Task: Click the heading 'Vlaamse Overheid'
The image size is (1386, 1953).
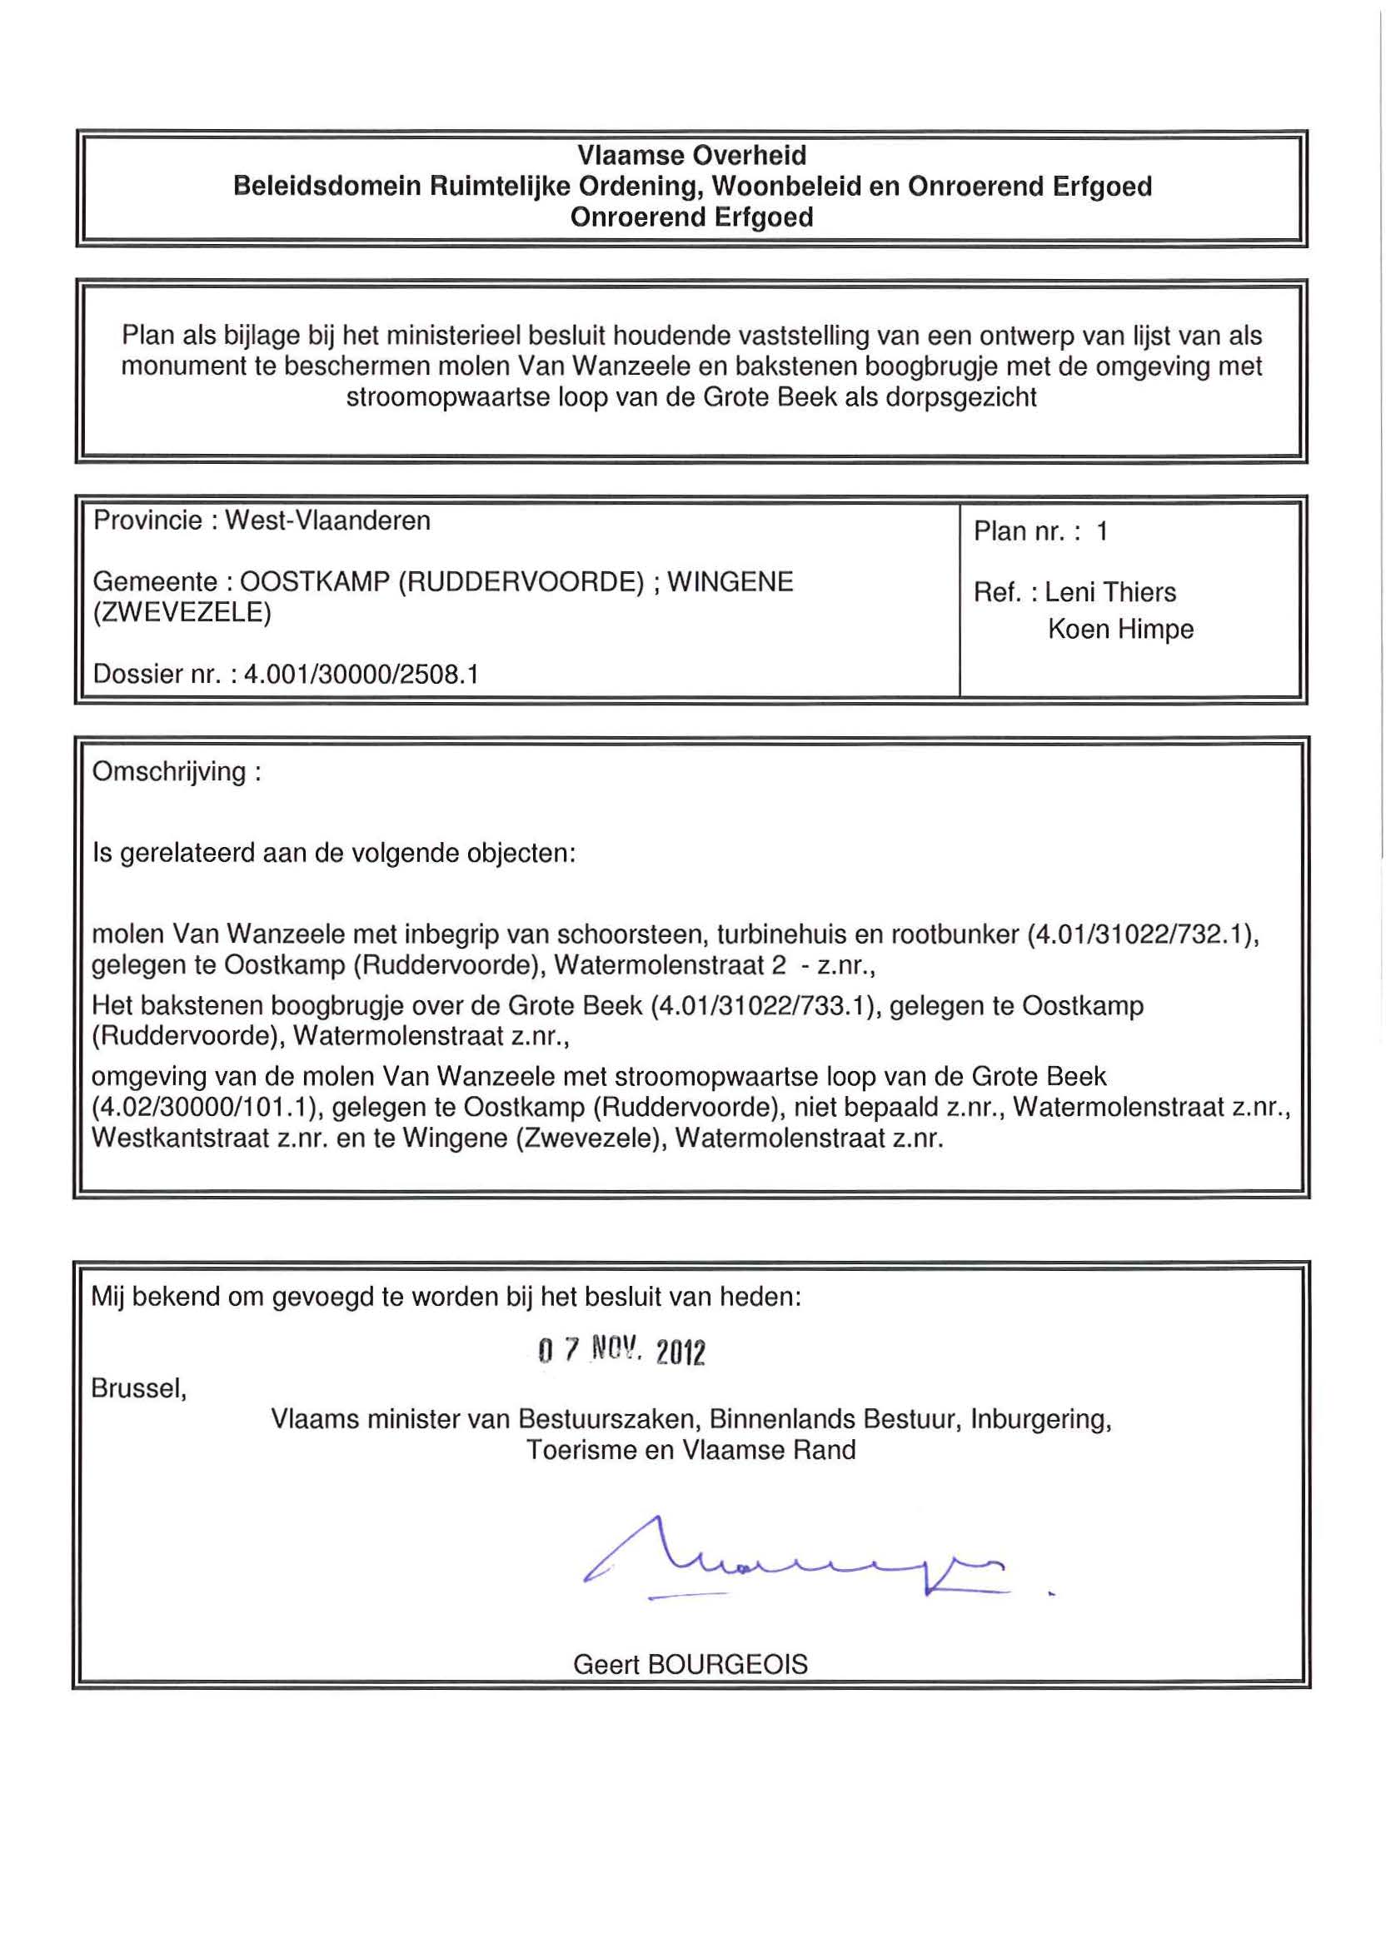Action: [x=691, y=155]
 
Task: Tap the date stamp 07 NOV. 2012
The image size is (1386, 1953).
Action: [x=621, y=1351]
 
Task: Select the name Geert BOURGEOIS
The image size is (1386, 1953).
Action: [x=691, y=1664]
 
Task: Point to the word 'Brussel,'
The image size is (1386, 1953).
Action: [x=139, y=1388]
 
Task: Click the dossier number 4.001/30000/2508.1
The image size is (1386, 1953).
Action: [x=361, y=674]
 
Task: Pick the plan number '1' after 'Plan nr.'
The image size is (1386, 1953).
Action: [x=1102, y=531]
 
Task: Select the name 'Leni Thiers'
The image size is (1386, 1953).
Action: [x=1110, y=592]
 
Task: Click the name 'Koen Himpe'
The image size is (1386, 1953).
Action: [x=1119, y=629]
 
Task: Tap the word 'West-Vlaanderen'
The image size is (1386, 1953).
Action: [x=327, y=521]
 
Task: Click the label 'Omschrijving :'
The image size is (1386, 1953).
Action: [x=177, y=772]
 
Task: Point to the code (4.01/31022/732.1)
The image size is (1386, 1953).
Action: [x=1143, y=935]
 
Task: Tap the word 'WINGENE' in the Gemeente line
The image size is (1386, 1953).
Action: [x=730, y=582]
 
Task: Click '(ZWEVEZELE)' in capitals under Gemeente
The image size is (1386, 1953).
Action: [x=182, y=613]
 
